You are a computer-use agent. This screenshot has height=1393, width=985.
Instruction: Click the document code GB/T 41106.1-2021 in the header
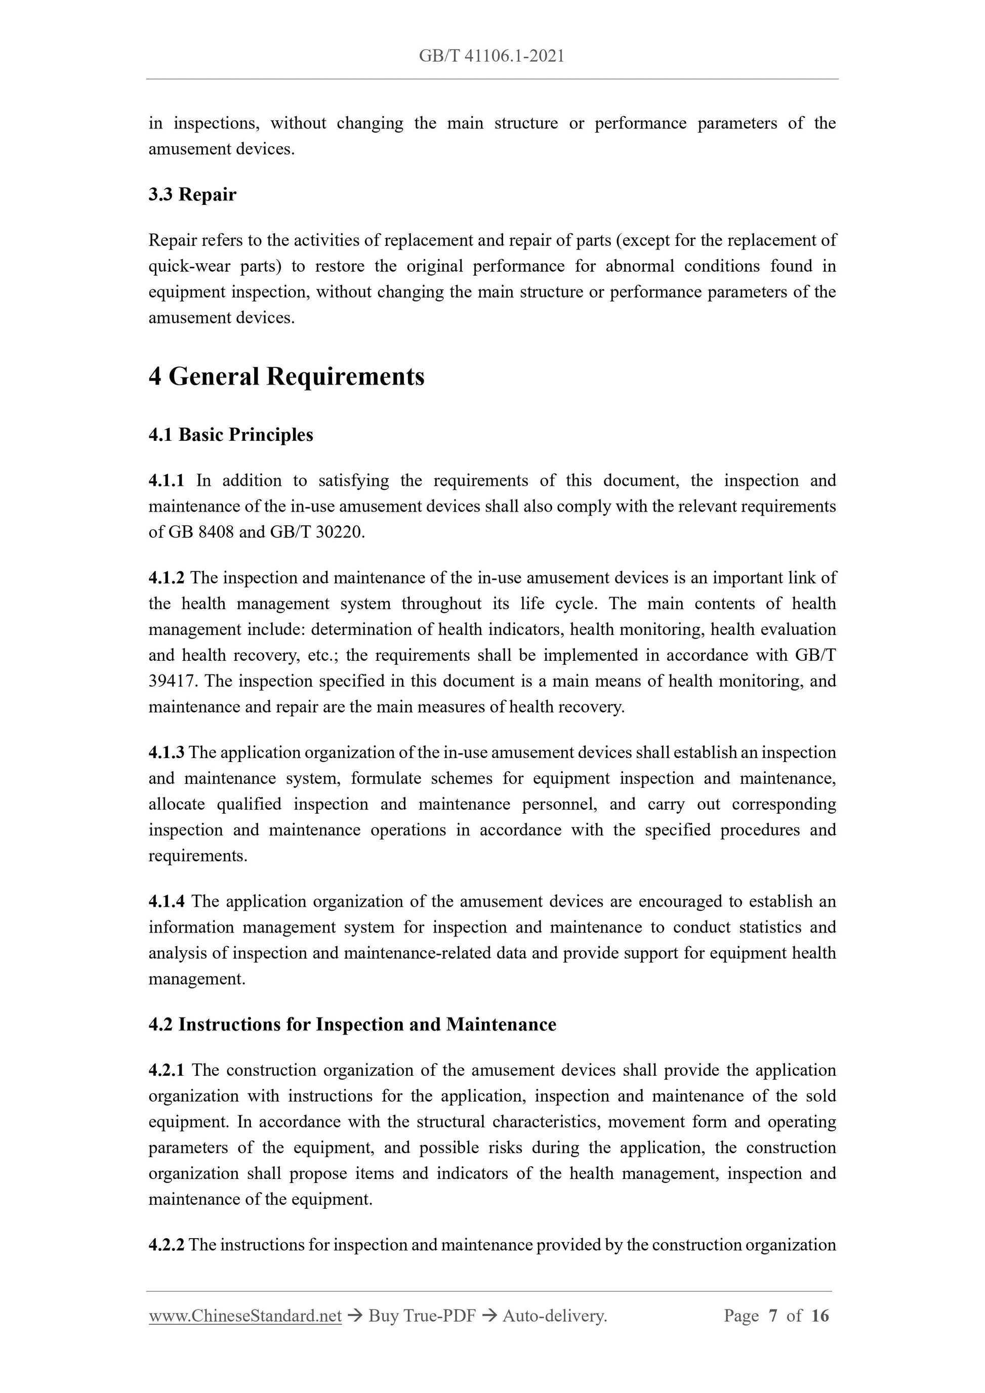[491, 57]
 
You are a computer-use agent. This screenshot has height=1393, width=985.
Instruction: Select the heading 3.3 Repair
[192, 195]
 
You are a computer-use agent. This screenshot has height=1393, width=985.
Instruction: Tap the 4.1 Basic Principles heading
[231, 435]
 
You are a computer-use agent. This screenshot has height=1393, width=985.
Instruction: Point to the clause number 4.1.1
[166, 481]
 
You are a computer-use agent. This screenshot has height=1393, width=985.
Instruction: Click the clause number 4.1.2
[166, 577]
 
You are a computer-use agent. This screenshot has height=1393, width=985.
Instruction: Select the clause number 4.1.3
[166, 752]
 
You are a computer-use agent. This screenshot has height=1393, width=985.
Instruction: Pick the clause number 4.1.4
[166, 901]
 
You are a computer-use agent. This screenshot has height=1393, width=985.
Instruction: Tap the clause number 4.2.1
[166, 1070]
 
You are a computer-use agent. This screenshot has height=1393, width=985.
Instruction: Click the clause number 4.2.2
[166, 1244]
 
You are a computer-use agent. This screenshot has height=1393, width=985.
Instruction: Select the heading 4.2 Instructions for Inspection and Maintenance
[352, 1024]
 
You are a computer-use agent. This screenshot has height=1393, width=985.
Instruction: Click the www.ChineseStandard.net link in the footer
[245, 1316]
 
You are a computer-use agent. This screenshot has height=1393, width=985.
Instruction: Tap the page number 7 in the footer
[772, 1316]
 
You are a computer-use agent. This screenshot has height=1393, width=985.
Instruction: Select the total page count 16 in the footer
[819, 1316]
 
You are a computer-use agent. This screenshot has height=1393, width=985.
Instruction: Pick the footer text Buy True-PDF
[422, 1316]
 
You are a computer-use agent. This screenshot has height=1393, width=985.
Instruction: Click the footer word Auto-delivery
[555, 1316]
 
